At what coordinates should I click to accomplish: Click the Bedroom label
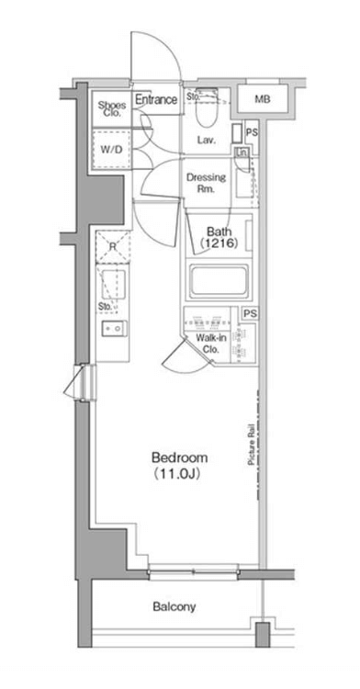pyautogui.click(x=180, y=457)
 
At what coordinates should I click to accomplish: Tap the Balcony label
pyautogui.click(x=174, y=607)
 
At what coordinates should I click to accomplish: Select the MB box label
pyautogui.click(x=263, y=99)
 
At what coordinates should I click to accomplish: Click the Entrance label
pyautogui.click(x=156, y=100)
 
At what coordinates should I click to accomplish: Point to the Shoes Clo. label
pyautogui.click(x=112, y=108)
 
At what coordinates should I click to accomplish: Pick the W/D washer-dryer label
pyautogui.click(x=112, y=149)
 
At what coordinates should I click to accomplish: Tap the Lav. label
pyautogui.click(x=206, y=141)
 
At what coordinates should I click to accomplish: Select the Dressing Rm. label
pyautogui.click(x=207, y=183)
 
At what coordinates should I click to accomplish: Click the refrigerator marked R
pyautogui.click(x=113, y=246)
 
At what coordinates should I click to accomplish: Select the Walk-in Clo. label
pyautogui.click(x=208, y=344)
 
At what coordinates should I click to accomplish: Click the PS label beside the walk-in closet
pyautogui.click(x=250, y=313)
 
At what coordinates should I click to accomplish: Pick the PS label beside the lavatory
pyautogui.click(x=251, y=131)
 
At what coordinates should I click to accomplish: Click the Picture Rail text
pyautogui.click(x=252, y=445)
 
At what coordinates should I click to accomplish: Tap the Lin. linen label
pyautogui.click(x=242, y=152)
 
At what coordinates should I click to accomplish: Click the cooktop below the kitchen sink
pyautogui.click(x=115, y=329)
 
